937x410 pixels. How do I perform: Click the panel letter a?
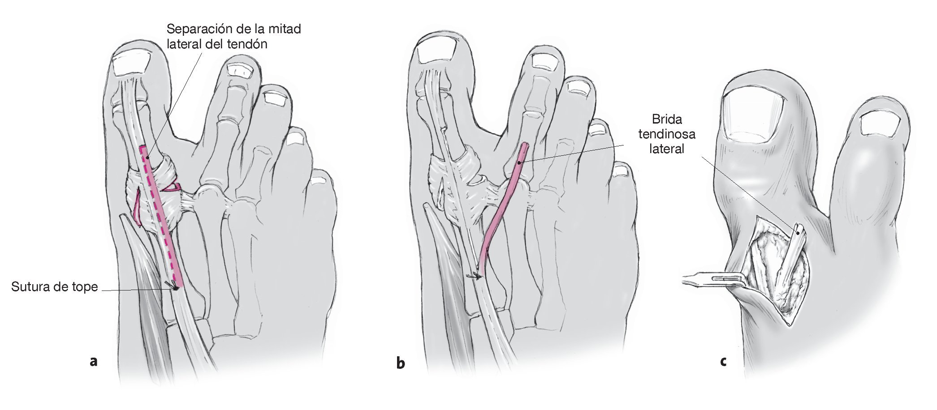[93, 361]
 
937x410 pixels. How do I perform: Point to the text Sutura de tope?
[54, 287]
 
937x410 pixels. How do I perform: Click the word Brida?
[667, 120]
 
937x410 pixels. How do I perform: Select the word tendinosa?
[667, 134]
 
